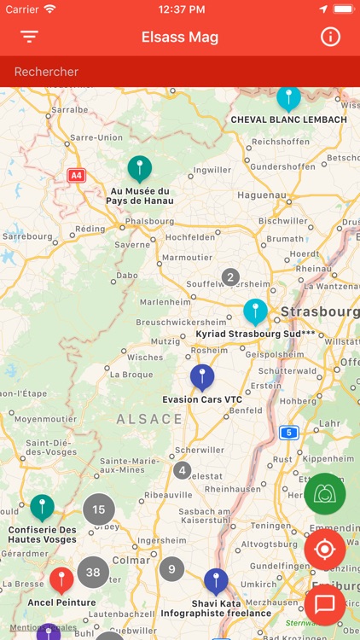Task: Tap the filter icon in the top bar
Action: coord(30,37)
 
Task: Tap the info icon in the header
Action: coord(330,37)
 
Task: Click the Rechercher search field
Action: coord(180,72)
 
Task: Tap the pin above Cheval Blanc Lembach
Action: coord(288,97)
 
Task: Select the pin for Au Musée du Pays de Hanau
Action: coord(139,168)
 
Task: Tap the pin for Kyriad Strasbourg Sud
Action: coord(255,311)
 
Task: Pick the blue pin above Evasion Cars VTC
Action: coord(201,376)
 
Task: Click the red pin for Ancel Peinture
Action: coord(61,580)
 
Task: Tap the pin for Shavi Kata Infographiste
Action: coord(216,581)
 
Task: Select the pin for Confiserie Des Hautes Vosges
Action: coord(42,508)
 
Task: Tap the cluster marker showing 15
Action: coord(98,510)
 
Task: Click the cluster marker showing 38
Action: coord(93,573)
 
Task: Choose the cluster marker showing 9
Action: coord(171,569)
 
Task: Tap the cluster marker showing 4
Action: coord(182,470)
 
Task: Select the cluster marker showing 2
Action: coord(229,276)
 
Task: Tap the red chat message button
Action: coord(324,605)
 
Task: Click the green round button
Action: coord(324,494)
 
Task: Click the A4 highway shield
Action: coord(77,175)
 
